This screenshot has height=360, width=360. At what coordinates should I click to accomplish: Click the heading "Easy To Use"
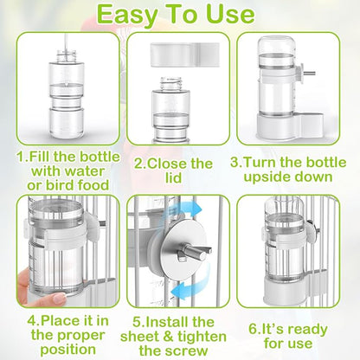pos(180,15)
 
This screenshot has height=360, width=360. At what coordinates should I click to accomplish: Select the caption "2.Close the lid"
pos(173,170)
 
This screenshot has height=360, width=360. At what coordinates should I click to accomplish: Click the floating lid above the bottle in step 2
pos(177,53)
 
